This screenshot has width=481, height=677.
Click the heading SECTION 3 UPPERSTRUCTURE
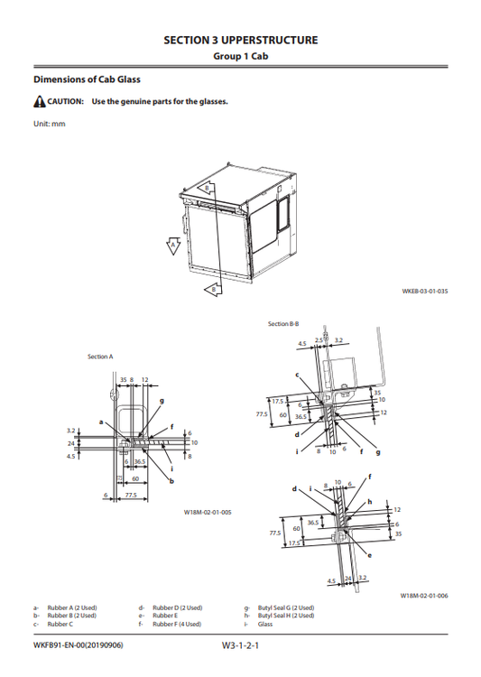[240, 41]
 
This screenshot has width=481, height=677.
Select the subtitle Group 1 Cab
[240, 56]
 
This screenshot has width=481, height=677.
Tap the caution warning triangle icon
[38, 101]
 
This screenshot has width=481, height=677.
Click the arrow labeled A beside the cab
[172, 245]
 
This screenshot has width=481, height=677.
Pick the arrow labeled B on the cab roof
[207, 189]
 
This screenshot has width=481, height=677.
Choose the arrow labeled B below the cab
[212, 289]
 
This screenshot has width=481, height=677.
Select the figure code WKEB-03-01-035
[424, 292]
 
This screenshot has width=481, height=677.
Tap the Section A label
[100, 357]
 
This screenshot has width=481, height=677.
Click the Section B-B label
[284, 323]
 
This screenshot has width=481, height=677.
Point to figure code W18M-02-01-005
[208, 512]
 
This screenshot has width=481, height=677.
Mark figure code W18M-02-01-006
[424, 596]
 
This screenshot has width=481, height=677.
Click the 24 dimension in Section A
[70, 444]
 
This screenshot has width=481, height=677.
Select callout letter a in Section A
[100, 422]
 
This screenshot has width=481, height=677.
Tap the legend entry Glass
[265, 624]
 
